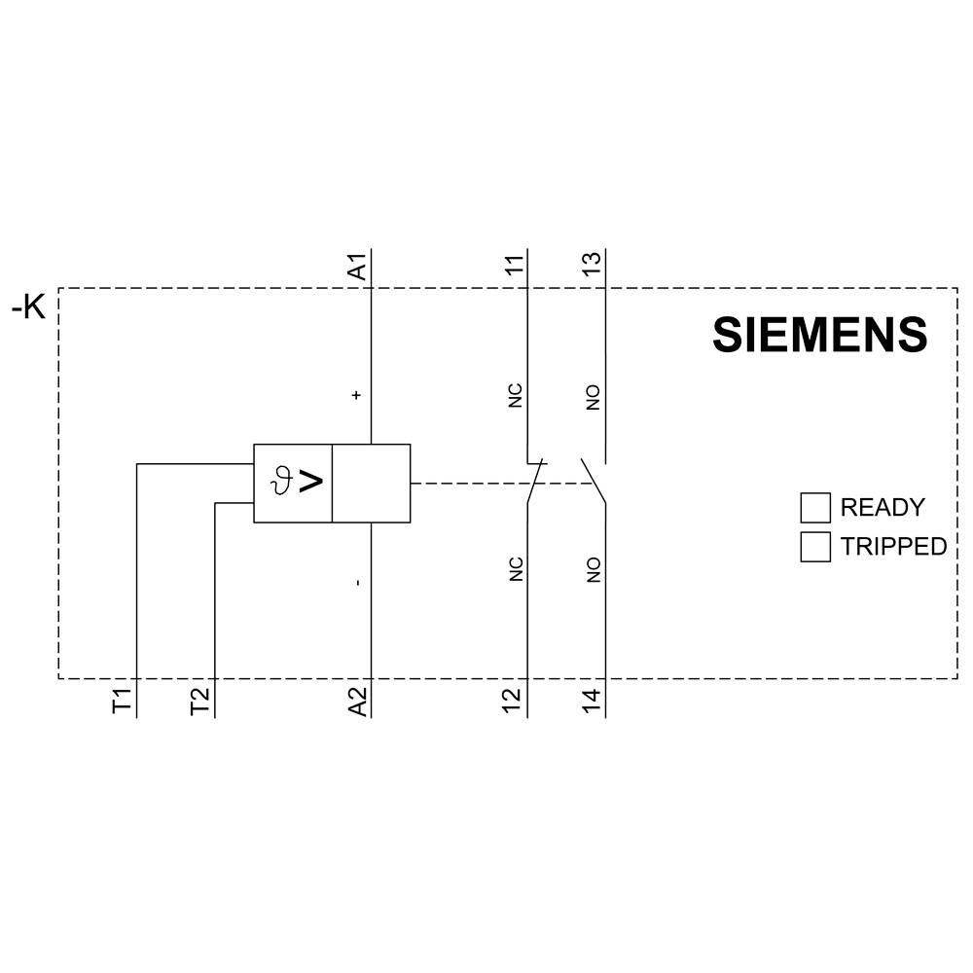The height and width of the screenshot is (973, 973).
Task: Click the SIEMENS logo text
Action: (x=819, y=335)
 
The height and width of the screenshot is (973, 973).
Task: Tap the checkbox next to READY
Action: (x=815, y=507)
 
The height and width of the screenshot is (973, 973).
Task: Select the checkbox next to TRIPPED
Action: (x=815, y=547)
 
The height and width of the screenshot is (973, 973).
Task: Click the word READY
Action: (x=882, y=507)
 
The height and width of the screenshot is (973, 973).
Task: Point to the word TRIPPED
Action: (x=893, y=547)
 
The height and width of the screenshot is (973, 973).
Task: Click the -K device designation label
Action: (x=28, y=308)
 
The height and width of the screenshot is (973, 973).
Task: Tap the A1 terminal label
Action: (x=358, y=267)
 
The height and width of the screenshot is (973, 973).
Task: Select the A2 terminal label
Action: (x=358, y=701)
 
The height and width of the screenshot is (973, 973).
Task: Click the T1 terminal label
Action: (x=122, y=701)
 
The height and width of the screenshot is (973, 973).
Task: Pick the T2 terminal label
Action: (x=199, y=701)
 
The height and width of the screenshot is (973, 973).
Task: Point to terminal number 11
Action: (x=514, y=265)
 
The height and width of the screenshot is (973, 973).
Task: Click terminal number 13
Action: (x=593, y=265)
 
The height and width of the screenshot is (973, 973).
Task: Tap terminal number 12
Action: (x=514, y=701)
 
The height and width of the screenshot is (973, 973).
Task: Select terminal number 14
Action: (x=593, y=701)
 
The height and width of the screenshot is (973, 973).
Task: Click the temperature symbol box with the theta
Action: (x=293, y=483)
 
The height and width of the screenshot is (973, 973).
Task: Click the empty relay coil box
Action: (x=371, y=483)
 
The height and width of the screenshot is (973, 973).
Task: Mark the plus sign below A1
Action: (x=357, y=395)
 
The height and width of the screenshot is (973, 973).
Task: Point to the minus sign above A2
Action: (x=357, y=582)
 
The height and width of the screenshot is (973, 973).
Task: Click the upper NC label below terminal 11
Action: (x=516, y=395)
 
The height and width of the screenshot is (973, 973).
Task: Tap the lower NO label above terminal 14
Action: (x=594, y=570)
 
